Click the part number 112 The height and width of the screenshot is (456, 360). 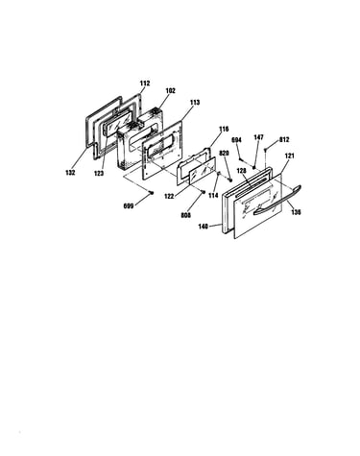pos(145,84)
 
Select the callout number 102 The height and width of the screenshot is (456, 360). pos(171,91)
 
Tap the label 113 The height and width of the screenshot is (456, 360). pos(195,103)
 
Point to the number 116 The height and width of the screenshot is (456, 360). pos(224,129)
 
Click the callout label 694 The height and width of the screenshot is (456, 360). pos(237,140)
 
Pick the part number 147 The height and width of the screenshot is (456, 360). pos(258,137)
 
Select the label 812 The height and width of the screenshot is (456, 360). pos(284,140)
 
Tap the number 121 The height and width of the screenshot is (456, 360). pos(290,156)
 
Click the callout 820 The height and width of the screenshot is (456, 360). pos(224,154)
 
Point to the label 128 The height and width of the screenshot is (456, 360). pos(241,171)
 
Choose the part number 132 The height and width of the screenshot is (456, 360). pos(70,173)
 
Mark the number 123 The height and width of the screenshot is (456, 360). pos(99,174)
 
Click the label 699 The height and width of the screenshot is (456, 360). pos(129,206)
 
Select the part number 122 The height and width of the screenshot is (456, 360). pos(169,196)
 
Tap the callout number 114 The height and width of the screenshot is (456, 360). pos(213,196)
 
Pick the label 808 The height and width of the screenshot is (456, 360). pos(185,215)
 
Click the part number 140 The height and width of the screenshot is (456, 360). pos(204,227)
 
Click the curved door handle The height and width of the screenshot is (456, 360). pos(277,202)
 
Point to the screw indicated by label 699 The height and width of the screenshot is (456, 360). pos(152,192)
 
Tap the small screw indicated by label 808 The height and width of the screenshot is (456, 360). pos(203,192)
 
